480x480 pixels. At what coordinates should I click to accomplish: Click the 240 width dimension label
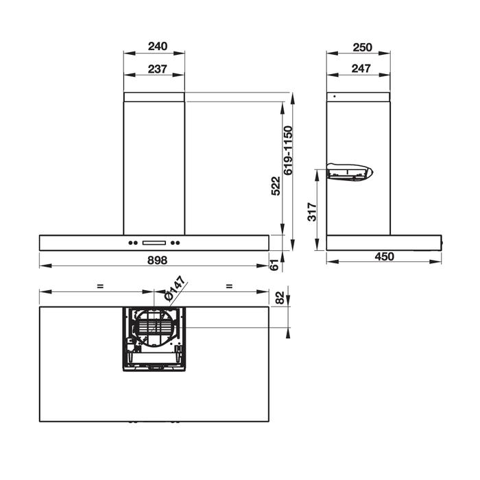[157, 47]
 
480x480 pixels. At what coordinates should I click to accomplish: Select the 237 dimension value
[157, 69]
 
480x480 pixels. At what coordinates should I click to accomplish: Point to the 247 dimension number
[361, 69]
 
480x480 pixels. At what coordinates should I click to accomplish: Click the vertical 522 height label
[275, 186]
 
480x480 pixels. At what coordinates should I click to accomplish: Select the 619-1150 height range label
[288, 150]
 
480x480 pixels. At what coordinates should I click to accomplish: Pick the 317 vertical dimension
[313, 211]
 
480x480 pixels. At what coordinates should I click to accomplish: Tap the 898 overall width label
[158, 259]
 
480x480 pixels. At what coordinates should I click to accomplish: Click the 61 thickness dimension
[274, 265]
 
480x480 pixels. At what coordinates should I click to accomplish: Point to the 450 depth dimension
[385, 256]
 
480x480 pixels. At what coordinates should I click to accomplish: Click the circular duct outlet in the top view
[154, 328]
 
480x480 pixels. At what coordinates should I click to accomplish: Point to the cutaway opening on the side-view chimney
[349, 171]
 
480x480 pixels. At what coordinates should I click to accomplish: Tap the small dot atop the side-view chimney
[334, 97]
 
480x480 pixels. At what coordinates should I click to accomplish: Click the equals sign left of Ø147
[100, 286]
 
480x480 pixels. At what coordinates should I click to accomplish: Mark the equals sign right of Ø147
[228, 286]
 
